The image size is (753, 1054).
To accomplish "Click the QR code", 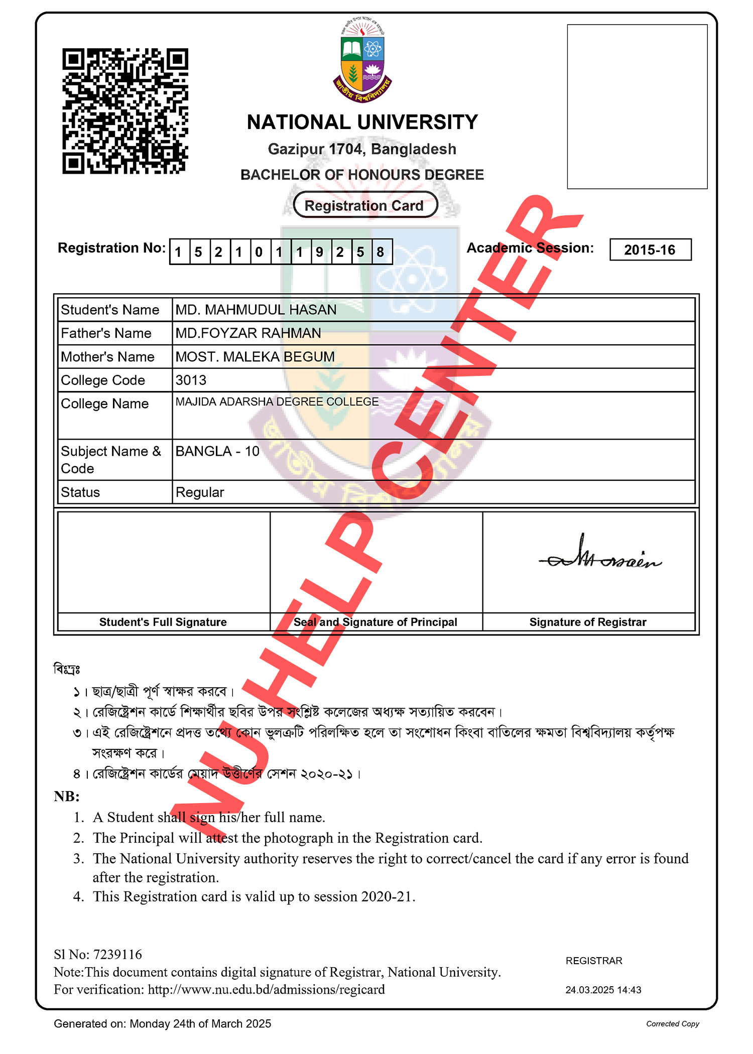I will coord(125,111).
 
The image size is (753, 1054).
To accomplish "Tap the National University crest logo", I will coord(362,61).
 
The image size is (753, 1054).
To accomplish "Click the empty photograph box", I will coord(637,107).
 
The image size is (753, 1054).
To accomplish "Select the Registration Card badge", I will coord(365,205).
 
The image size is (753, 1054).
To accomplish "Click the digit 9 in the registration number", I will coord(320,251).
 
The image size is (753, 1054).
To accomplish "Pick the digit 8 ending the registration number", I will coord(381,251).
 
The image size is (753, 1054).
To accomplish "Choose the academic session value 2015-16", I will coord(650,249).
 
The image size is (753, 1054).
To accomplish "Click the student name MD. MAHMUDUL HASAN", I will coord(256,310).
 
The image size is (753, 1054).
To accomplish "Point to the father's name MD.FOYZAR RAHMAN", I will coord(248,333).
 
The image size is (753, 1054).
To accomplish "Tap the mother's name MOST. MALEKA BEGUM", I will coord(255,357).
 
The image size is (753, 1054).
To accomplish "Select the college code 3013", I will coord(191,380).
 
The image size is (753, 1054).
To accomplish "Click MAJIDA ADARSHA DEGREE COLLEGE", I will coord(277,402).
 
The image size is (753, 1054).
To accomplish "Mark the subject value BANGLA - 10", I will coord(217,451).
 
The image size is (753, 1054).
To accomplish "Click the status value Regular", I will coord(199,492).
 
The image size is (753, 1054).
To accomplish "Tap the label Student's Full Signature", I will coord(163,622).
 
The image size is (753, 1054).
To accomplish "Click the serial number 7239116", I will coord(117,955).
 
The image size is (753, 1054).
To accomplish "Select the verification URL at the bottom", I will coord(266,990).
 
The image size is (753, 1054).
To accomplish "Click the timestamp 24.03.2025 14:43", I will coord(603,990).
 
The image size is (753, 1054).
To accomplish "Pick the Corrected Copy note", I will coord(672,1024).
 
